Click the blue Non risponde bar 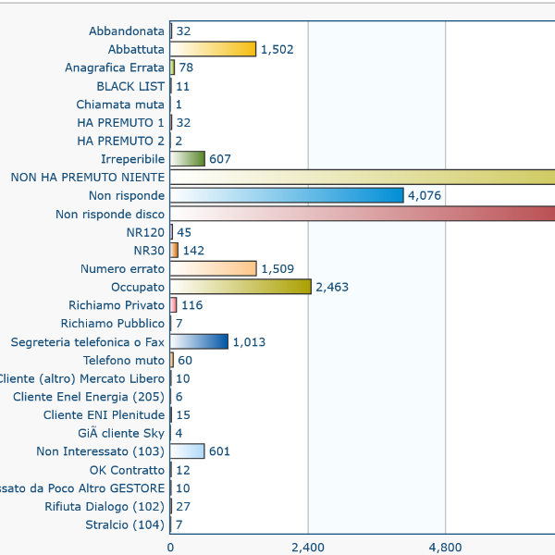pos(287,195)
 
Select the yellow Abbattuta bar pos(213,49)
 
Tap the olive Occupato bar pos(240,287)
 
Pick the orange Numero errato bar pos(213,268)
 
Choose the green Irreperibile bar pos(188,159)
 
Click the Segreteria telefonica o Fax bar pos(199,342)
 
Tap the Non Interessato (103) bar pos(188,451)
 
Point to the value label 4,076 pos(426,195)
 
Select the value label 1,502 pos(277,49)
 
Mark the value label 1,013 pos(249,342)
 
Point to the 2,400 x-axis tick pos(308,548)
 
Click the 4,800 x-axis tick pos(445,548)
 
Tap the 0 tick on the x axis pos(170,548)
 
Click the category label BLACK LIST pos(130,86)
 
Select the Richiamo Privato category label pos(117,305)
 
